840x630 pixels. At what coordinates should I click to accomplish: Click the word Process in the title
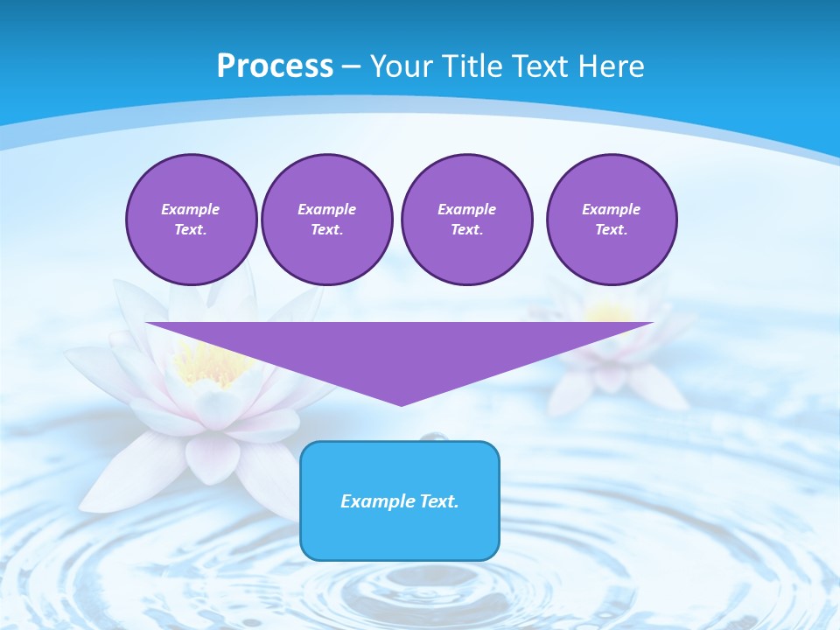coord(275,66)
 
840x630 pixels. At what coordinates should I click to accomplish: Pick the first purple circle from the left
coord(191,220)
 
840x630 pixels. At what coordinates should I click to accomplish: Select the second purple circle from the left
coord(326,220)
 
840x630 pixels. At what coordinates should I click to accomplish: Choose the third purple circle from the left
coord(466,220)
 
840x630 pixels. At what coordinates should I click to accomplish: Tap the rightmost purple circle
coord(611,220)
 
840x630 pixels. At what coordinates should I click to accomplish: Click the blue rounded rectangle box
coord(400,525)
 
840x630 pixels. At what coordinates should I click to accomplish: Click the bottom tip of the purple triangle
coord(401,403)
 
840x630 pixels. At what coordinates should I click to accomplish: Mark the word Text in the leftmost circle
coord(191,230)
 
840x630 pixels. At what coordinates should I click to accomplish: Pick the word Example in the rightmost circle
coord(611,209)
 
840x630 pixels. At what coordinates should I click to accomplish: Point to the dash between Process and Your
coord(351,66)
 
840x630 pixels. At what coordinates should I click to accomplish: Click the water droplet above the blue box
coord(430,436)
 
